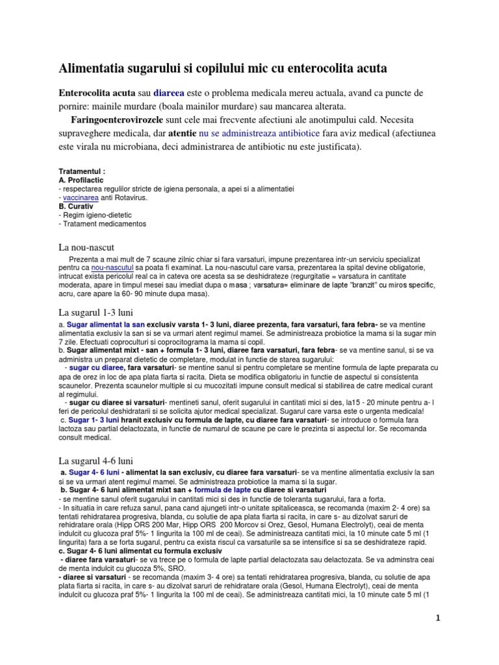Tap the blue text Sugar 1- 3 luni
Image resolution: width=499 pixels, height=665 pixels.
click(x=94, y=420)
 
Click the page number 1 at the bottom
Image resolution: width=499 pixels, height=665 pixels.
click(x=438, y=618)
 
